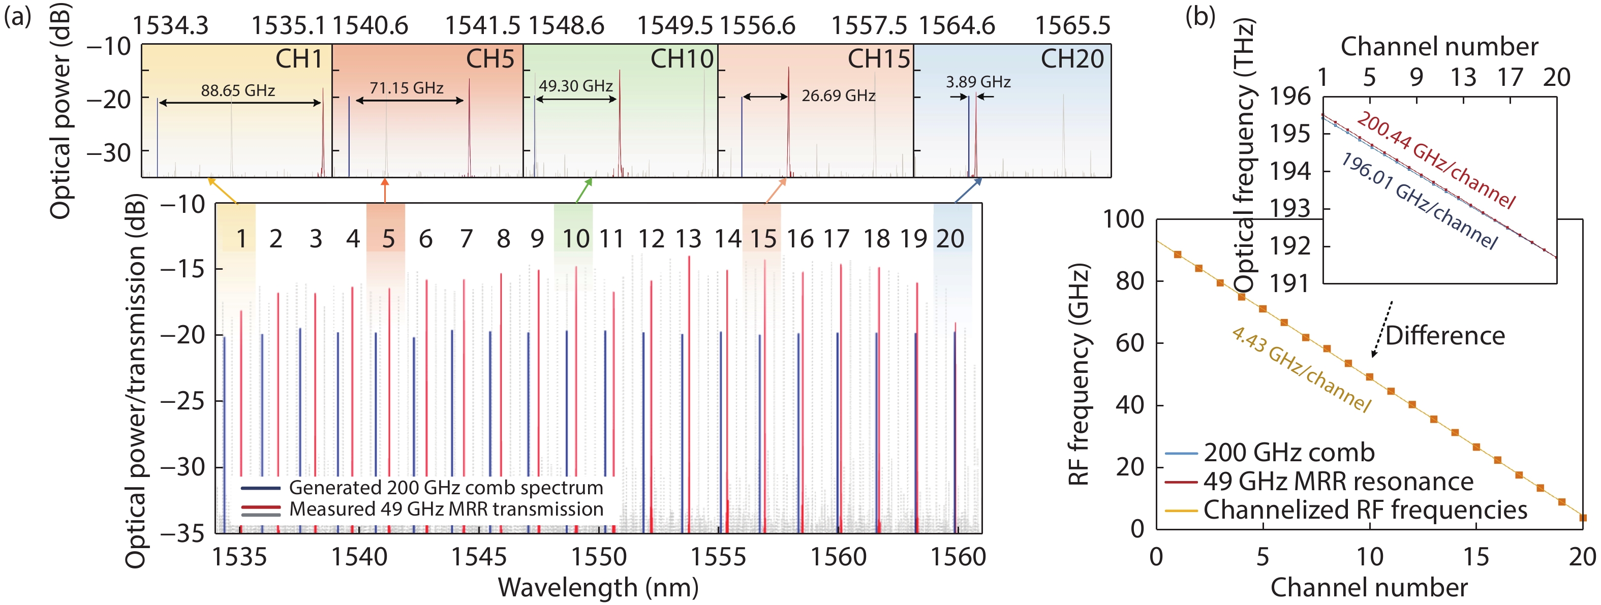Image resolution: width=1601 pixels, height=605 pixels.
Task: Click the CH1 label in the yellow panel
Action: click(299, 59)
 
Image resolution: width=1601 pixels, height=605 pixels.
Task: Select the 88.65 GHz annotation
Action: click(237, 91)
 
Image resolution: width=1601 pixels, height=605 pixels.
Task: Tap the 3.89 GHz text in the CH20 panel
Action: click(978, 82)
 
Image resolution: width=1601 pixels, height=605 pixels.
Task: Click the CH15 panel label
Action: click(878, 59)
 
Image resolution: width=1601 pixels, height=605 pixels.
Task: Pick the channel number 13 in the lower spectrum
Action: click(688, 239)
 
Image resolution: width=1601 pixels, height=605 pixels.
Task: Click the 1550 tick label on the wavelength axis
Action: click(599, 557)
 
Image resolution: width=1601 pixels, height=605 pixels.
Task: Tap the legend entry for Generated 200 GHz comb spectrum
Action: click(446, 488)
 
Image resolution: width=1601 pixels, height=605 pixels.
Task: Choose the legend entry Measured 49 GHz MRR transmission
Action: click(446, 510)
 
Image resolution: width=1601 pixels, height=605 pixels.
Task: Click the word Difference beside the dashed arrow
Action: click(1445, 336)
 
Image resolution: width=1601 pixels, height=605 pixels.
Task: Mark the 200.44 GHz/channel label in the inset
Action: click(1436, 160)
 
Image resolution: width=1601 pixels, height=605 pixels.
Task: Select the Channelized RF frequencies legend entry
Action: click(1365, 510)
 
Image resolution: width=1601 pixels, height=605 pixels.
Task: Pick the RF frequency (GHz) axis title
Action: click(1079, 374)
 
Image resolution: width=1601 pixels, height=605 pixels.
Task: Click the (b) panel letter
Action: click(1200, 16)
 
